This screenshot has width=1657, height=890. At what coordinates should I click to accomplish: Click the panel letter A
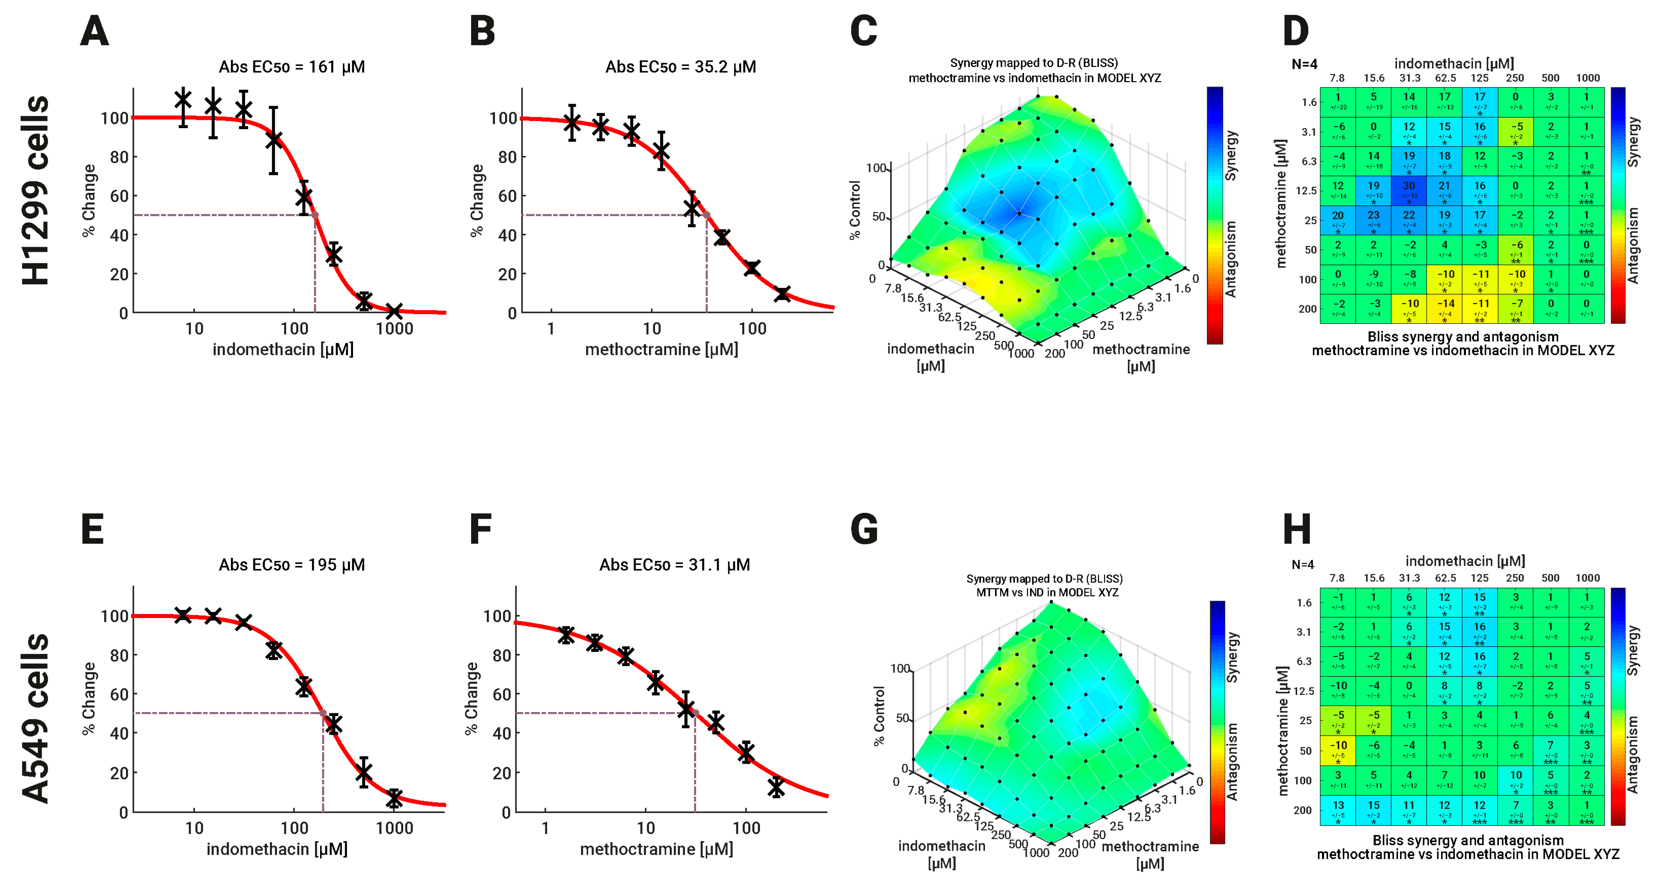95,31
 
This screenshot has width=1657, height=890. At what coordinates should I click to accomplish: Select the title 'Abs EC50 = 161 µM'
291,67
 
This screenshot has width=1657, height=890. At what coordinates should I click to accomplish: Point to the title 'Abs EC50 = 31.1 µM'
674,565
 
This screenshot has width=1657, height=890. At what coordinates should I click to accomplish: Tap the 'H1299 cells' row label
35,190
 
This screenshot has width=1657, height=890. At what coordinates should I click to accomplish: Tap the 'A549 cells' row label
35,718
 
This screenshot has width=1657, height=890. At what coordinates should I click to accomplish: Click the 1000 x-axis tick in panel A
394,329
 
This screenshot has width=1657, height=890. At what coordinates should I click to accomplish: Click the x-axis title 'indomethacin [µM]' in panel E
276,849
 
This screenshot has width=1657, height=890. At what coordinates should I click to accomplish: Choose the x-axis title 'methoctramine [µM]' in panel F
656,849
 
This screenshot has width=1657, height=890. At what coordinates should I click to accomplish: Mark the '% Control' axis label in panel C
855,210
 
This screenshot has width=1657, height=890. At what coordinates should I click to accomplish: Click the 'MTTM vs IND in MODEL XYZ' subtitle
1047,592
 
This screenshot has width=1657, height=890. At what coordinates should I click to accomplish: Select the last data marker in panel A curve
394,311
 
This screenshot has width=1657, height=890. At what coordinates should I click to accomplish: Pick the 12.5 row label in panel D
1306,191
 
